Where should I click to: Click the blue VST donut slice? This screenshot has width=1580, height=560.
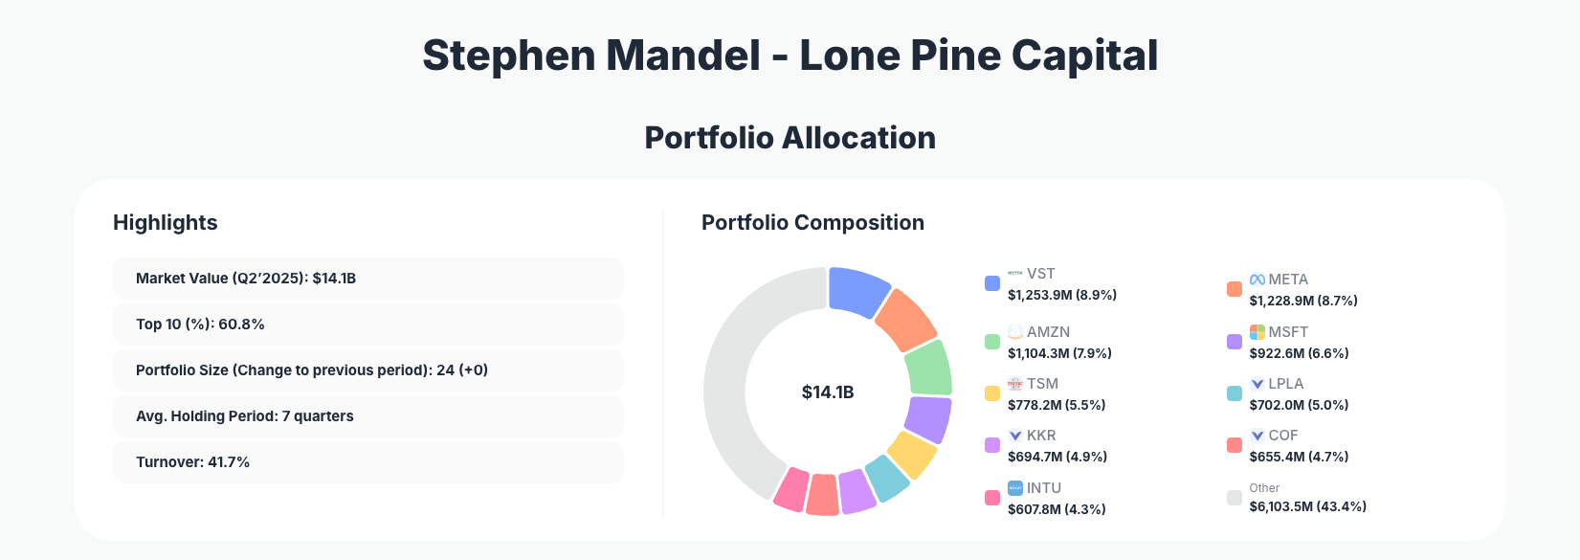click(x=857, y=291)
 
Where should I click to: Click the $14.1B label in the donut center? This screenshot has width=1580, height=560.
click(x=828, y=392)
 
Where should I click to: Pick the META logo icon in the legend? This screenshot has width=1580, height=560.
click(x=1257, y=280)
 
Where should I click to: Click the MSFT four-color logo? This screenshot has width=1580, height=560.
click(x=1257, y=332)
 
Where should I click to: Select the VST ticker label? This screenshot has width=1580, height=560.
click(x=1041, y=274)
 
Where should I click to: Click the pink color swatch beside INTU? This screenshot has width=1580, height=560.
click(x=992, y=498)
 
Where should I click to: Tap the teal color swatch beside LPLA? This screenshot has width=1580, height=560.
click(x=1235, y=393)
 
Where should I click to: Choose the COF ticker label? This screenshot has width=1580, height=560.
click(x=1283, y=436)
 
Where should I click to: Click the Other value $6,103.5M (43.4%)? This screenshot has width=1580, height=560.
click(x=1307, y=506)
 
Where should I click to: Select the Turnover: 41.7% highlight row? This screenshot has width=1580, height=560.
click(x=367, y=462)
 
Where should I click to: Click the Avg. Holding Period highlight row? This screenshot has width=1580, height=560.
click(x=367, y=416)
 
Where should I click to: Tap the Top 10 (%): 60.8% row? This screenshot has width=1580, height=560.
click(x=367, y=325)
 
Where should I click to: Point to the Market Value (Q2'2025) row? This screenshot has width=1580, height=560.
click(x=367, y=279)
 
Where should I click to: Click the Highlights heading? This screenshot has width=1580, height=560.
click(x=166, y=223)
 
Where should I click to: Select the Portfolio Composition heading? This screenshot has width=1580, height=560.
click(x=812, y=223)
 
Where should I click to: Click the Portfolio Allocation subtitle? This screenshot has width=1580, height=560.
click(x=790, y=138)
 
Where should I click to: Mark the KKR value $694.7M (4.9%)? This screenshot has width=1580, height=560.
click(x=1057, y=457)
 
